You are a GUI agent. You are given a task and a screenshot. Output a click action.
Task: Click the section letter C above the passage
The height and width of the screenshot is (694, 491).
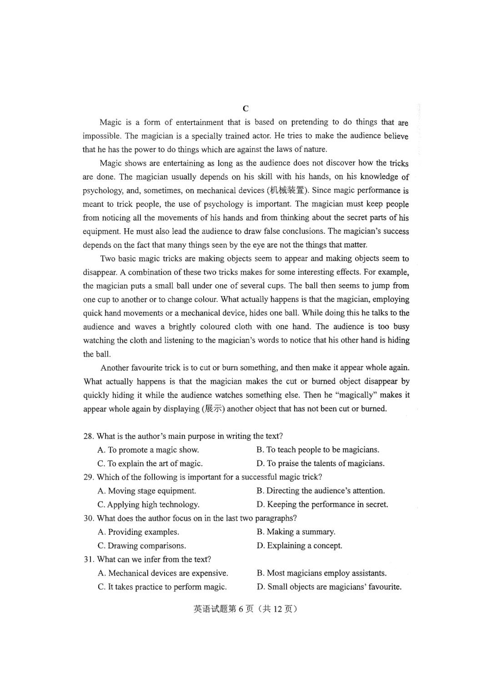[245, 108]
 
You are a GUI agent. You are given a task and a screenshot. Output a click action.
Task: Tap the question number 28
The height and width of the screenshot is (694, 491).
[88, 436]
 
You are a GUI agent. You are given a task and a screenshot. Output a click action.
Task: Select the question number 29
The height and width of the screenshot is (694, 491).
[88, 477]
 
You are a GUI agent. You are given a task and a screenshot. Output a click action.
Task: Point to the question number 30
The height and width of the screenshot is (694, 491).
[88, 518]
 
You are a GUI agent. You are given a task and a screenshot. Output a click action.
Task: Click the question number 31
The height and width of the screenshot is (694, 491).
[88, 559]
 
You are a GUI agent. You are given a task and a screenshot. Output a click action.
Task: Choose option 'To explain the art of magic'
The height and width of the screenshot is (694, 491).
[150, 463]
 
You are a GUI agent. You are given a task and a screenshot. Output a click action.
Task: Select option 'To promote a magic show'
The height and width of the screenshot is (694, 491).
[148, 450]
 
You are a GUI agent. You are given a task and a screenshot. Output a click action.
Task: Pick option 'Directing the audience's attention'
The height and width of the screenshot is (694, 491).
[321, 491]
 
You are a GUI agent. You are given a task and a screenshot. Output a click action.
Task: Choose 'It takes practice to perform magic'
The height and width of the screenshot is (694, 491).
[162, 587]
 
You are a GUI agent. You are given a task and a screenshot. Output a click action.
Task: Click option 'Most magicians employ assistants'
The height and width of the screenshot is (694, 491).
[321, 573]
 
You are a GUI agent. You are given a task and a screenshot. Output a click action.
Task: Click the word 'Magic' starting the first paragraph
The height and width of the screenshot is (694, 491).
[110, 122]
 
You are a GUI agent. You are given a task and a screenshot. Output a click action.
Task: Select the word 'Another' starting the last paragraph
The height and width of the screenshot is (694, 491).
[115, 367]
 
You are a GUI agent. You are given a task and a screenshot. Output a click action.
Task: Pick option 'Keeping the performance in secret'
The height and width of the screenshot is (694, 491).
[322, 504]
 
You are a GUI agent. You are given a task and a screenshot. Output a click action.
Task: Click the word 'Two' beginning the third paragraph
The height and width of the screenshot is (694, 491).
[107, 258]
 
